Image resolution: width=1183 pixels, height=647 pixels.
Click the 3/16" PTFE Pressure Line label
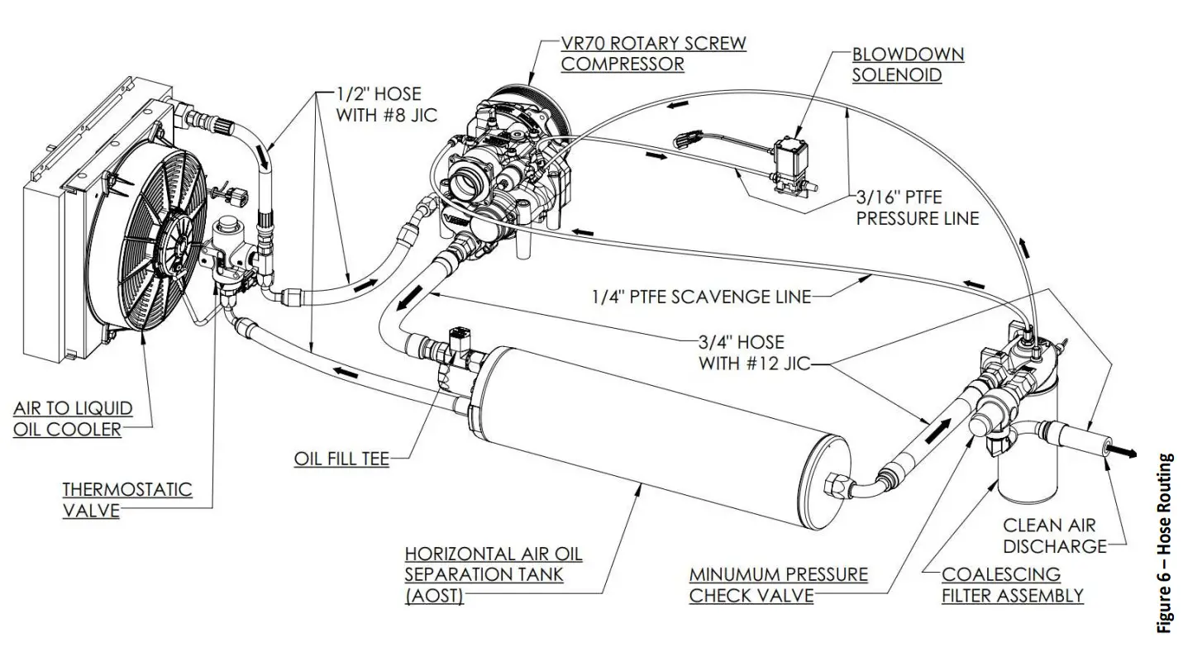click(x=917, y=208)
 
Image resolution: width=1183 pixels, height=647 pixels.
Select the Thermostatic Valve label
click(x=126, y=499)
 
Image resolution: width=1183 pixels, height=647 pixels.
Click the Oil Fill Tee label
click(x=341, y=458)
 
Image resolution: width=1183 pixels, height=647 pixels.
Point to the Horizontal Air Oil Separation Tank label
click(x=493, y=573)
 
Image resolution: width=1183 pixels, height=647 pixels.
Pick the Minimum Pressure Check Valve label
click(x=778, y=583)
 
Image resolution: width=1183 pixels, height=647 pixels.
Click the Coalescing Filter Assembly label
click(x=1012, y=583)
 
